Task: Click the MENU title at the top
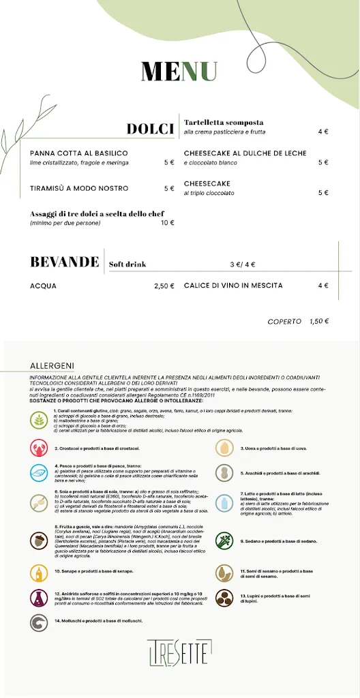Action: point(179,71)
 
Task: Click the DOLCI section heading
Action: point(151,130)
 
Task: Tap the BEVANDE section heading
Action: point(65,262)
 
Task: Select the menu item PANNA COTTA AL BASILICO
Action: point(79,153)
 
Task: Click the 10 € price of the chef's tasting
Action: point(168,223)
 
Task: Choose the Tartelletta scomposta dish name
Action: point(224,123)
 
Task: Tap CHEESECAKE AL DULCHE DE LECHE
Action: point(245,153)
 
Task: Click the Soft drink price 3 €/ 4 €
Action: point(243,264)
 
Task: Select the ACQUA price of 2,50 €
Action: point(164,286)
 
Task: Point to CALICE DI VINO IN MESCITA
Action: point(233,286)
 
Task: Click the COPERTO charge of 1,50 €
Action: point(318,321)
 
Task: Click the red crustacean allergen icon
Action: point(39,448)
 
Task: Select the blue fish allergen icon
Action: point(39,473)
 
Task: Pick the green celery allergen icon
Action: point(225,541)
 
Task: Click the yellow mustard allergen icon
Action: point(39,571)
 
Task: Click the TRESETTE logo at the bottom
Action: point(180,652)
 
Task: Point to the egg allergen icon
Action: point(225,448)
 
